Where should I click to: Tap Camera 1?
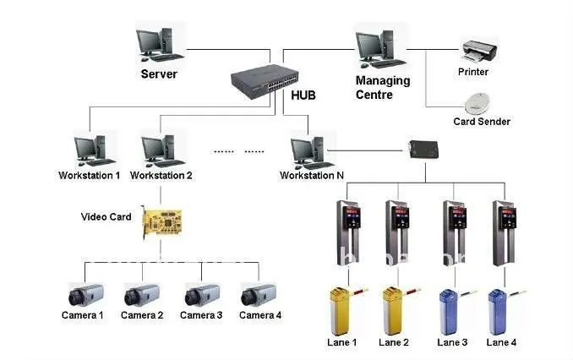pos(84,294)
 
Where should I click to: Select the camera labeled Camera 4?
pos(260,294)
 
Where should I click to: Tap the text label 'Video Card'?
pos(106,217)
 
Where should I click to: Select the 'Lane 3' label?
pos(452,342)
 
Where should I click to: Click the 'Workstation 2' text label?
pos(161,176)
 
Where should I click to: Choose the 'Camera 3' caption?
pos(201,315)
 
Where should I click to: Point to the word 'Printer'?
pos(473,73)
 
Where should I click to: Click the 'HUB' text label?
pos(303,95)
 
